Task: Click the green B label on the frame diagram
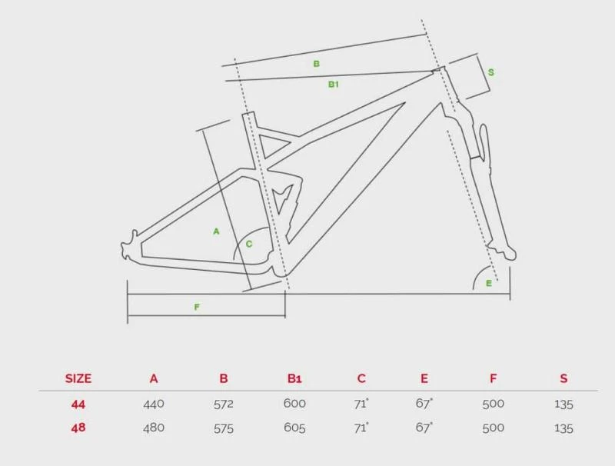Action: pos(316,64)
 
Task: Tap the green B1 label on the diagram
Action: pos(334,84)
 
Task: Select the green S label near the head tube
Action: pos(490,72)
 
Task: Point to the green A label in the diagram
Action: pos(216,231)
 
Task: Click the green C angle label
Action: pos(249,244)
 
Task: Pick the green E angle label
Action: pos(489,283)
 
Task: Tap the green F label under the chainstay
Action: pos(197,307)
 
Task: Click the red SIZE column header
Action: pos(78,378)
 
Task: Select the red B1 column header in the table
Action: pos(294,378)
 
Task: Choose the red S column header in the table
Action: pos(563,378)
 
